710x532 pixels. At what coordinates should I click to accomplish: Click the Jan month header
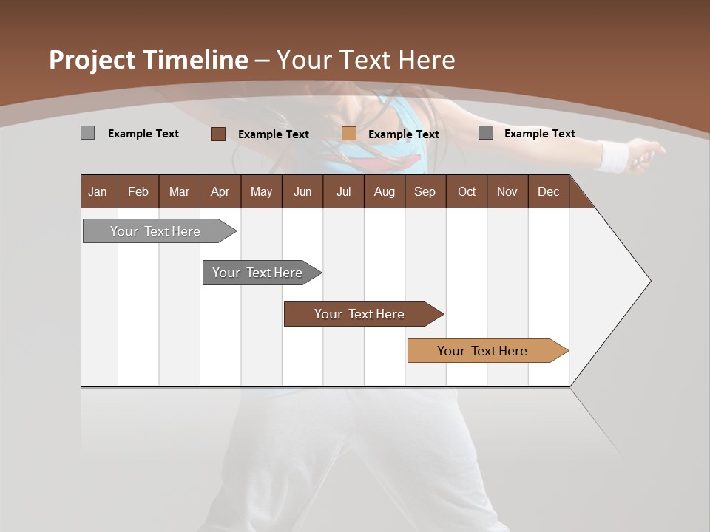point(98,191)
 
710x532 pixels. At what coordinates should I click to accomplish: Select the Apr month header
point(220,191)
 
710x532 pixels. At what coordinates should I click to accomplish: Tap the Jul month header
point(343,191)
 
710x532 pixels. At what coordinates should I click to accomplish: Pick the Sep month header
point(425,191)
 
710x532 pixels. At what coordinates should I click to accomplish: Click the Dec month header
point(548,191)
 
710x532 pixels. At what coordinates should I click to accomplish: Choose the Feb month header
point(138,191)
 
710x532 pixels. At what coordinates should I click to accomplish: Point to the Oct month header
point(467,191)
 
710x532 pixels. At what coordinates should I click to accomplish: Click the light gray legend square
point(87,133)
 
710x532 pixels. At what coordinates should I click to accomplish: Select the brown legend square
point(217,134)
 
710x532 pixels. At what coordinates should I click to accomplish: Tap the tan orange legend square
point(349,134)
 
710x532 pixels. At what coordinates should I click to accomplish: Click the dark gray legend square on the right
point(486,133)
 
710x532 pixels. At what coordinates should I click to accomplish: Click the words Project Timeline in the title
point(148,60)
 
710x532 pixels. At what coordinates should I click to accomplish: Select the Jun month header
point(302,191)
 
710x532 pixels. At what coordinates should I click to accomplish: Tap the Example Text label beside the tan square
point(403,134)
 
